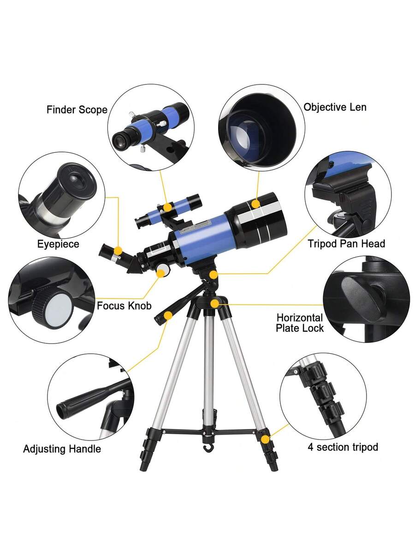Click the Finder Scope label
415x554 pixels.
pyautogui.click(x=77, y=110)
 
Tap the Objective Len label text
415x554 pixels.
pyautogui.click(x=335, y=107)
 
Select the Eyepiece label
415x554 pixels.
pyautogui.click(x=58, y=244)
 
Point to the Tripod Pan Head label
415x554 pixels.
pyautogui.click(x=346, y=244)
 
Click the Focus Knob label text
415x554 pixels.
pyautogui.click(x=124, y=306)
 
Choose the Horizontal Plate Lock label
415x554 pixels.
pyautogui.click(x=300, y=323)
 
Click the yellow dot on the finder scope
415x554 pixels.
pyautogui.click(x=167, y=207)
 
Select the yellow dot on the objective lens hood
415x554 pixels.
pyautogui.click(x=255, y=204)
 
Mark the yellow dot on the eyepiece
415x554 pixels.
pyautogui.click(x=118, y=251)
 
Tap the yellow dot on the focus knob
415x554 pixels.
pyautogui.click(x=161, y=273)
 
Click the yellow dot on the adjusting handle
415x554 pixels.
pyautogui.click(x=168, y=315)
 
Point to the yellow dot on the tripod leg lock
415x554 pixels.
pyautogui.click(x=265, y=440)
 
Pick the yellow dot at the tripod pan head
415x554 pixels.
pyautogui.click(x=213, y=275)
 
